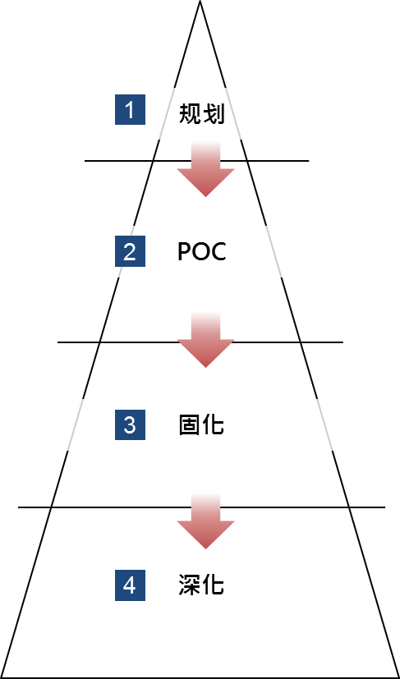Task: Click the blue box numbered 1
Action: pyautogui.click(x=130, y=109)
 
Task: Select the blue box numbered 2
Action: pyautogui.click(x=130, y=251)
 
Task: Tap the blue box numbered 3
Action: pyautogui.click(x=130, y=424)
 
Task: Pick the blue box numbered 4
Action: pyautogui.click(x=130, y=585)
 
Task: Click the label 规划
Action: pyautogui.click(x=201, y=114)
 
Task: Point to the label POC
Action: pyautogui.click(x=202, y=251)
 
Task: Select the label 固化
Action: pyautogui.click(x=201, y=424)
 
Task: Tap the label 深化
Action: pyautogui.click(x=201, y=585)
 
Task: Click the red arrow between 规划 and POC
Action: pyautogui.click(x=206, y=169)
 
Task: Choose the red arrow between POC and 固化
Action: pyautogui.click(x=206, y=340)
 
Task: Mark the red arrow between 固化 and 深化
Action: pyautogui.click(x=206, y=521)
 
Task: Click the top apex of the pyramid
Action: pyautogui.click(x=200, y=1)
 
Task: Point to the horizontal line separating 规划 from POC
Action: pyautogui.click(x=197, y=161)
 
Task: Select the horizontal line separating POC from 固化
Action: pyautogui.click(x=200, y=342)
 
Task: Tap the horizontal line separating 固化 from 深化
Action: pyautogui.click(x=201, y=507)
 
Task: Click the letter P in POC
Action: pyautogui.click(x=184, y=251)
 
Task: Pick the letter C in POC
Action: pyautogui.click(x=218, y=251)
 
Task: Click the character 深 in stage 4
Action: pyautogui.click(x=190, y=585)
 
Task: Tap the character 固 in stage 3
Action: pyautogui.click(x=190, y=424)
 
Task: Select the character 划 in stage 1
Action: pyautogui.click(x=214, y=114)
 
